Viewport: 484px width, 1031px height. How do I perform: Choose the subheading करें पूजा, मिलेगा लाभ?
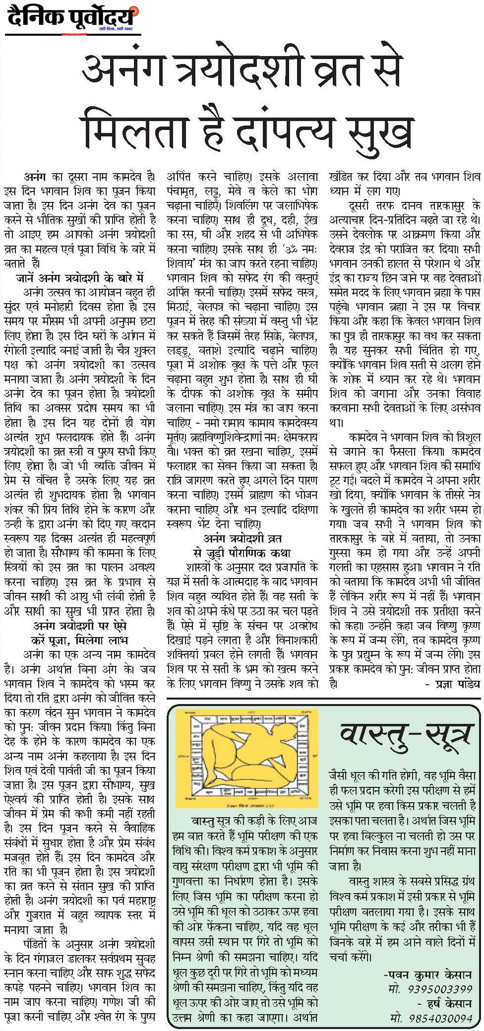click(x=80, y=640)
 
